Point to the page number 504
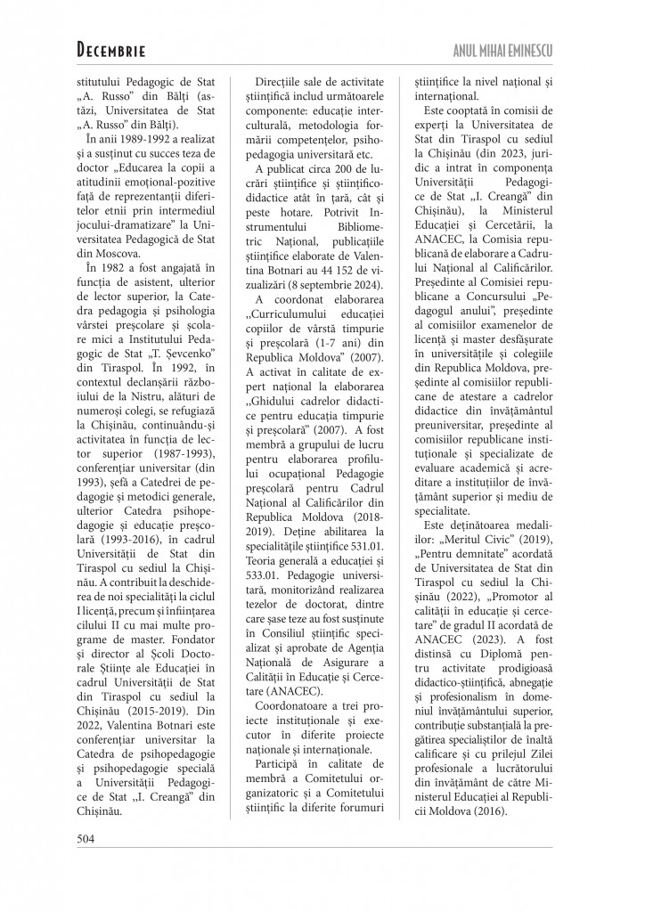click(86, 836)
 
